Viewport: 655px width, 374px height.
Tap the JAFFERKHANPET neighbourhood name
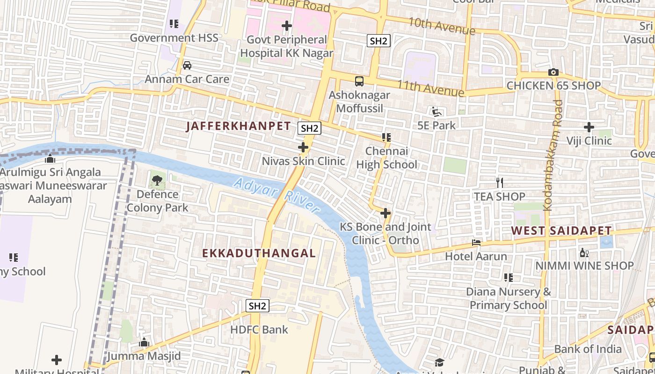239,126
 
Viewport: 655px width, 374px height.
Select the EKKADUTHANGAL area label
259,253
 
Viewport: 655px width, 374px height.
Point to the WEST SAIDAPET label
561,230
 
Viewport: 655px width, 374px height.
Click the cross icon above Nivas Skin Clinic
303,148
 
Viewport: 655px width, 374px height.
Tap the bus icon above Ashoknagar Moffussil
359,81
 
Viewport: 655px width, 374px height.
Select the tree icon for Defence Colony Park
157,180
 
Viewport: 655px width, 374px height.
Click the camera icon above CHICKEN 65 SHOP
553,72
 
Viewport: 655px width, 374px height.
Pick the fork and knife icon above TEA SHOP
500,182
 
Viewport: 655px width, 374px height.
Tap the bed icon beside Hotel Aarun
476,243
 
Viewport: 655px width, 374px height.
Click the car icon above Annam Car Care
187,65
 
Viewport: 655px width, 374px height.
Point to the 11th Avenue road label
431,87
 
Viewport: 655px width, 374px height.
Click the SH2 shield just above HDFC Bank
257,306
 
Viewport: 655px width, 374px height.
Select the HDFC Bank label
259,330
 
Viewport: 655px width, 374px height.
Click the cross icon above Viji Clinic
589,127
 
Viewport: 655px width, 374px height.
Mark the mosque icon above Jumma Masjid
144,343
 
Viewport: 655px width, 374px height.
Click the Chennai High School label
386,158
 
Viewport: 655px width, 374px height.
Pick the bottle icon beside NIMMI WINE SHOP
584,252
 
